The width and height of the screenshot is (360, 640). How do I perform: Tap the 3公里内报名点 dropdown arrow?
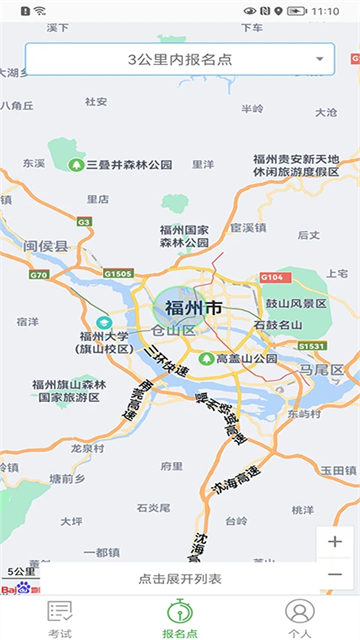319,60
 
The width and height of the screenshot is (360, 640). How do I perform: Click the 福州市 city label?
193,307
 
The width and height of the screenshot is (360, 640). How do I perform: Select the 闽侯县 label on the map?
46,246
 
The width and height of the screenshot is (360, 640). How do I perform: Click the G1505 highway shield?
117,273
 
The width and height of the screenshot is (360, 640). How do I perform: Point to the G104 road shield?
272,277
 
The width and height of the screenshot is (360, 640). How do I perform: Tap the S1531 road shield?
312,346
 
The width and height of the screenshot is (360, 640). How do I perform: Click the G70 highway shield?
39,274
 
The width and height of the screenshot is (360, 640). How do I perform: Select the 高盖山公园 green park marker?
206,358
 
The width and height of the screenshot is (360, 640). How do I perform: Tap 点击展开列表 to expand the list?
180,579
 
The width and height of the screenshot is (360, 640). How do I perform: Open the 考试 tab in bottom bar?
60,617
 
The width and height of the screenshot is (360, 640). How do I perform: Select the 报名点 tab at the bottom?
180,617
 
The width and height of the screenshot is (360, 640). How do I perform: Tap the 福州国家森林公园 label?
183,235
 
